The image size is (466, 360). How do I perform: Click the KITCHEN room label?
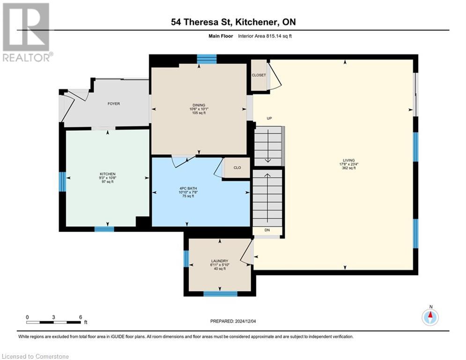click(107, 174)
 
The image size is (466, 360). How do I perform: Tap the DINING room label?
click(199, 105)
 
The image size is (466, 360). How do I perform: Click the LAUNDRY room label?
click(219, 261)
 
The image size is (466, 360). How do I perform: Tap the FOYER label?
click(114, 104)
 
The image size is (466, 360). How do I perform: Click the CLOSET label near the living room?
click(259, 75)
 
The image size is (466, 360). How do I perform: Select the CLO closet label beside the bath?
click(237, 168)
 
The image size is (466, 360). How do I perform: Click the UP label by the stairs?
click(269, 119)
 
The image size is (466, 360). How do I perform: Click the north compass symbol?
click(430, 317)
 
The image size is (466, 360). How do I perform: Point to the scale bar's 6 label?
click(81, 317)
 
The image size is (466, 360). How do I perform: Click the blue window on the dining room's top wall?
click(207, 59)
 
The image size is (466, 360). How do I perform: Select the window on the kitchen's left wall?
click(62, 181)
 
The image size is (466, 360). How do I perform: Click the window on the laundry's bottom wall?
click(220, 294)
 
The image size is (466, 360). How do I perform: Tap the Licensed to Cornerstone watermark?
click(36, 357)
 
